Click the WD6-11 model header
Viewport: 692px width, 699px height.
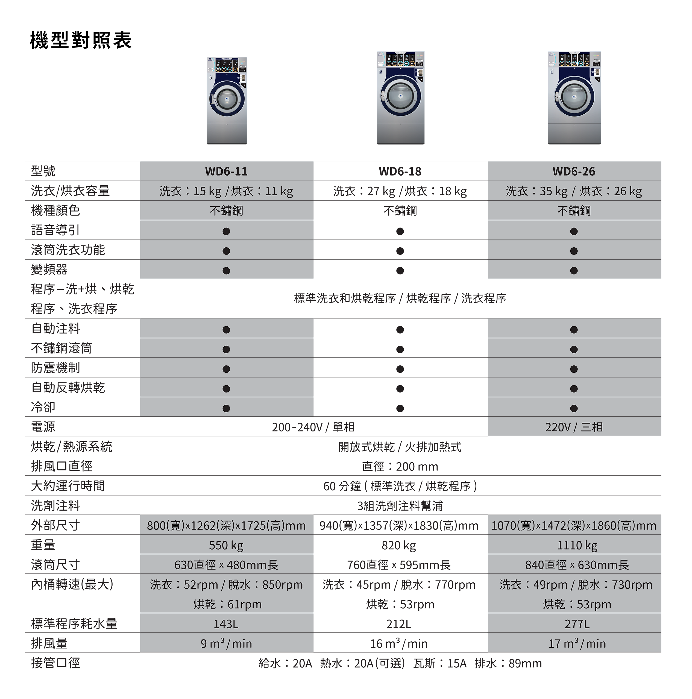coord(226,171)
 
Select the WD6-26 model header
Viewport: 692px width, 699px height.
coord(574,171)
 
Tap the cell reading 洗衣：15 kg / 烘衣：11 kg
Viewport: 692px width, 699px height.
coord(226,191)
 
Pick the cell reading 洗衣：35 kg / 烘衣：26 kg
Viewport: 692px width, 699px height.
coord(574,191)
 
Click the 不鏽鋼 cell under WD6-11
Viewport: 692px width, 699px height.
coord(226,211)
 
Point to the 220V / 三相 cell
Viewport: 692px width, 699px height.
coord(574,427)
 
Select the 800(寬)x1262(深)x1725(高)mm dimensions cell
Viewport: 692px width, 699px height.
coord(226,525)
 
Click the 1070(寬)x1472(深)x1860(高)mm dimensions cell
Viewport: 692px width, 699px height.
coord(574,525)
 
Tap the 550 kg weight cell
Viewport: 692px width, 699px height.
coord(226,545)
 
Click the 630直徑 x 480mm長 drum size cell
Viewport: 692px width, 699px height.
coord(226,565)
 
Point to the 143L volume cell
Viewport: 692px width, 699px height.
coord(226,624)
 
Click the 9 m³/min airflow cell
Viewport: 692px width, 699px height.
coord(226,643)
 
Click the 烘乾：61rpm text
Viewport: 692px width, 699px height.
coord(227,604)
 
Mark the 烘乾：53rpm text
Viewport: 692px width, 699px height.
coord(577,604)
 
